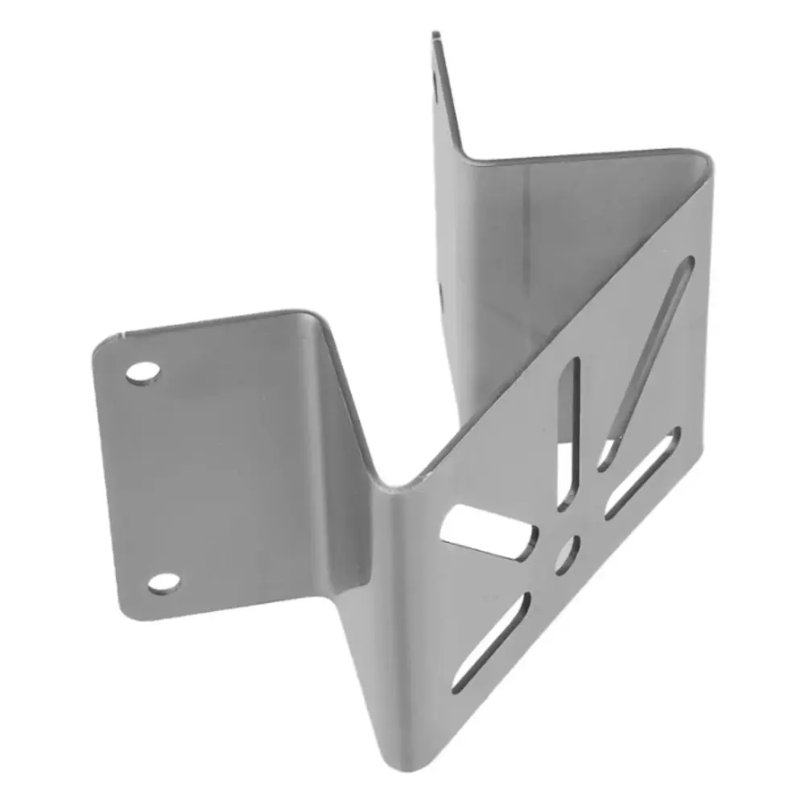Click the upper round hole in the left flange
pos(142,372)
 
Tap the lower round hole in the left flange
pos(163,582)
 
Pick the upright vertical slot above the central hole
pos(569,435)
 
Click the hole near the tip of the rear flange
pos(437,80)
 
